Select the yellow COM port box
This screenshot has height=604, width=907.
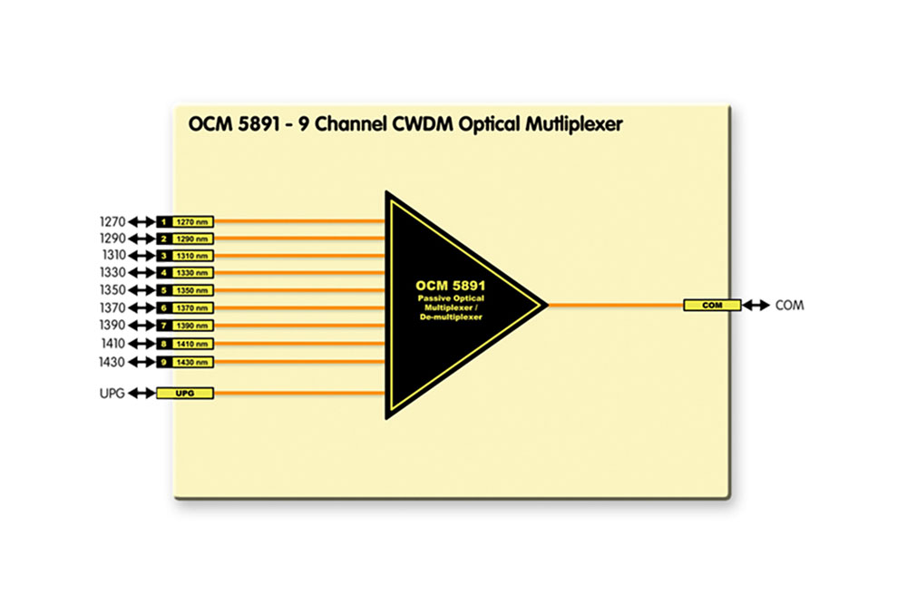(x=712, y=306)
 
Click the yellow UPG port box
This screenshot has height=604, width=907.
(x=185, y=394)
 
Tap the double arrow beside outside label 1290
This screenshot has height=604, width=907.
(x=141, y=239)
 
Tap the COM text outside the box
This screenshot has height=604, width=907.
(x=789, y=306)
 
